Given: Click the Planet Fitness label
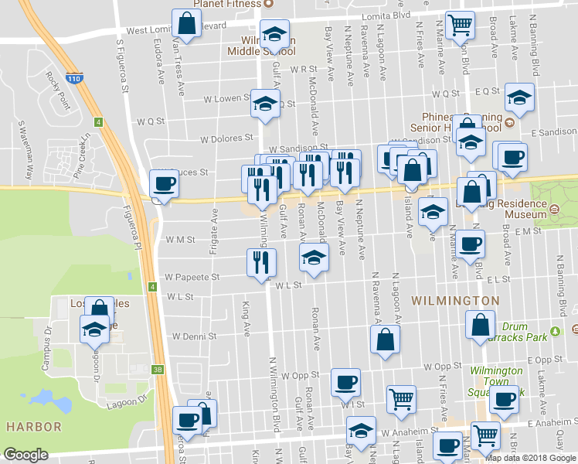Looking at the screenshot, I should pyautogui.click(x=223, y=3).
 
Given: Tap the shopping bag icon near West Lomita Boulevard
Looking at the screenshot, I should pyautogui.click(x=186, y=24).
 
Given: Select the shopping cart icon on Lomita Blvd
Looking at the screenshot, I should pyautogui.click(x=461, y=24).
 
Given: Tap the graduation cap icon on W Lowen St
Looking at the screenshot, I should pyautogui.click(x=265, y=104).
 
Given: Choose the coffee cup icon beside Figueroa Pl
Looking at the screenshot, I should pyautogui.click(x=163, y=184).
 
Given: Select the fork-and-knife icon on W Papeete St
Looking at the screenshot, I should pyautogui.click(x=260, y=262).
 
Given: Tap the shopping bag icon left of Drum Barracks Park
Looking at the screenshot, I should pyautogui.click(x=480, y=324).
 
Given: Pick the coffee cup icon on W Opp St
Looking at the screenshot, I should pyautogui.click(x=345, y=381).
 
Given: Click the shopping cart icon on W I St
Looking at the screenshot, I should pyautogui.click(x=401, y=399).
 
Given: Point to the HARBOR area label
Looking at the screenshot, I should pyautogui.click(x=33, y=426).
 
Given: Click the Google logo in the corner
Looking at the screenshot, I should pyautogui.click(x=25, y=455).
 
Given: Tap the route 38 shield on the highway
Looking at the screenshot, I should pyautogui.click(x=157, y=370).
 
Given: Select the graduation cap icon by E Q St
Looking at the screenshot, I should pyautogui.click(x=520, y=97).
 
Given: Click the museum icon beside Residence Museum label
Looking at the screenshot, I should pyautogui.click(x=554, y=208).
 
